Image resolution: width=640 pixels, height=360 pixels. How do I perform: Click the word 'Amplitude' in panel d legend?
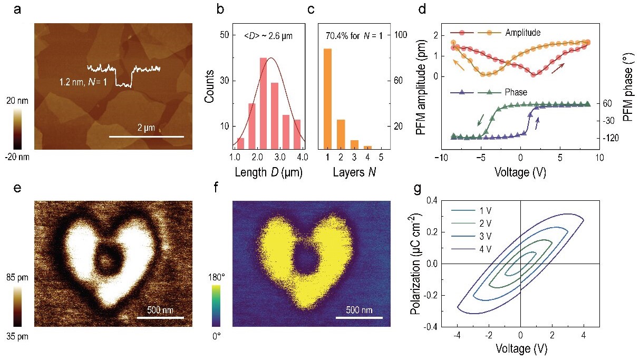522,33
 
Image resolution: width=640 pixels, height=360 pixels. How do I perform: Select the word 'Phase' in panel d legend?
516,92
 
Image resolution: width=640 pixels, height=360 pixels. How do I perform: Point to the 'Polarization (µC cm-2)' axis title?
420,264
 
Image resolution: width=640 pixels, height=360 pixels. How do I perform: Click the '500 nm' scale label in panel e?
161,309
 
